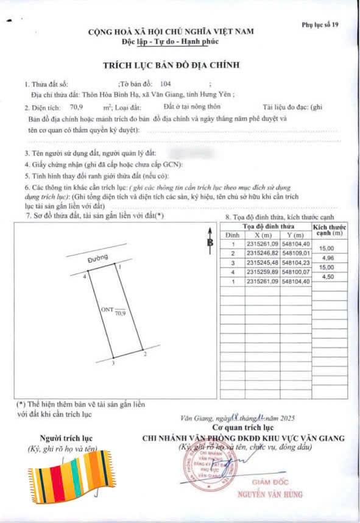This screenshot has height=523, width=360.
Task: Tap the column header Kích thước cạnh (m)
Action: (327, 230)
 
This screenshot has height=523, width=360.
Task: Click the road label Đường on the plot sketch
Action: (97, 260)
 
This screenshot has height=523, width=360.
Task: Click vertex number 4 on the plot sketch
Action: (85, 276)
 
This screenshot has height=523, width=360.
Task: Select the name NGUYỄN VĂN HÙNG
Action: (270, 494)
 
